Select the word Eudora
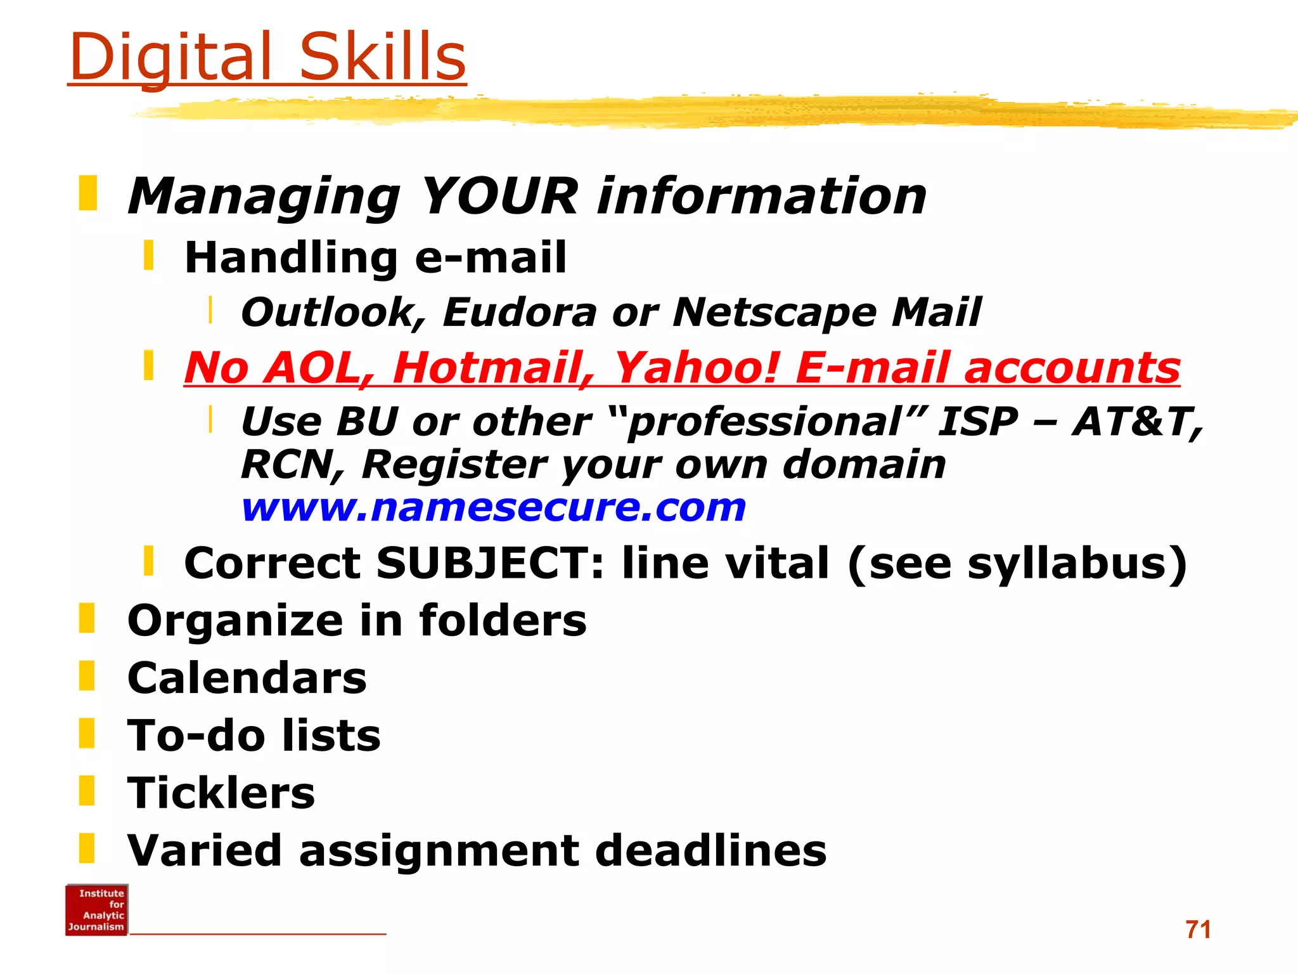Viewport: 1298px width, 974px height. (520, 312)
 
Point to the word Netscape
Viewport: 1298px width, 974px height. (774, 312)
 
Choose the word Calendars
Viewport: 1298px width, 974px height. (247, 678)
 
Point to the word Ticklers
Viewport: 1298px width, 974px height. (221, 793)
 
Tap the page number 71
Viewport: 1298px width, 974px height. (1198, 930)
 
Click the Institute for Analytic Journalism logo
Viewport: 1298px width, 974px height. (96, 909)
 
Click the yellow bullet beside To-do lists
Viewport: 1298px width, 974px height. (87, 733)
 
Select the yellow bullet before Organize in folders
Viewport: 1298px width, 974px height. (87, 618)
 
